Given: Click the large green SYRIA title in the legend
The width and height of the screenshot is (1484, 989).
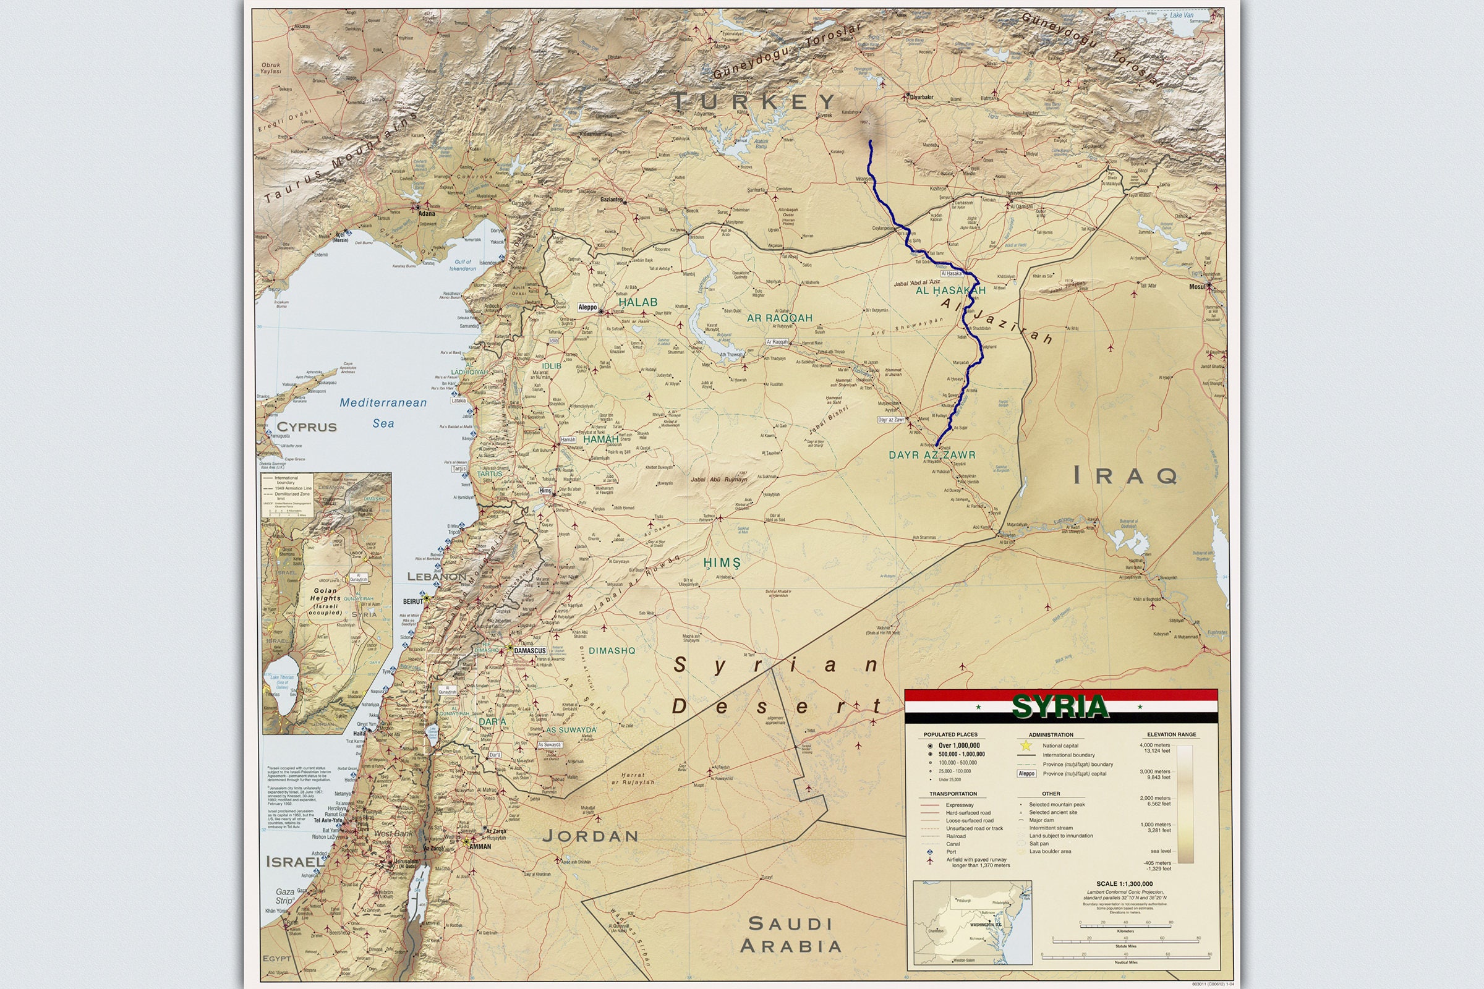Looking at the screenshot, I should point(1060,707).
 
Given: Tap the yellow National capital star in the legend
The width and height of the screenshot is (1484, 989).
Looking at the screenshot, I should point(1026,745).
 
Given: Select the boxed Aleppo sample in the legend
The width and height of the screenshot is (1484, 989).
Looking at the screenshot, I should point(1026,773).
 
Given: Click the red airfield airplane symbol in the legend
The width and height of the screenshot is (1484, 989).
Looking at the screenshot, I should point(929,861).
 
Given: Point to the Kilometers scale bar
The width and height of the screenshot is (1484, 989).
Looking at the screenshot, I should point(1125,925).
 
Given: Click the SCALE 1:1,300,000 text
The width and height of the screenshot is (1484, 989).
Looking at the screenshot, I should point(1124,884).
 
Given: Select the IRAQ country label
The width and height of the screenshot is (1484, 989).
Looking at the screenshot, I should point(1125,475).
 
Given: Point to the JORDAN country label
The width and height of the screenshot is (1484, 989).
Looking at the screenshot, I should point(591,836).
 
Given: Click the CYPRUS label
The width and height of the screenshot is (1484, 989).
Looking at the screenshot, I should point(307,427).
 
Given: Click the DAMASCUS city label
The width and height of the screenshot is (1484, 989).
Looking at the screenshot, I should point(530,650).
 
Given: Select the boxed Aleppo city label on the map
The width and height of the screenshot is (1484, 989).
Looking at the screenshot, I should point(587,307).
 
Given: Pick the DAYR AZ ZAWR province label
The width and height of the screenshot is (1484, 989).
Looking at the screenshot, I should point(932,455).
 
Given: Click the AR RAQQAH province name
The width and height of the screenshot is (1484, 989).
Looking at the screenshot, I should point(779,318).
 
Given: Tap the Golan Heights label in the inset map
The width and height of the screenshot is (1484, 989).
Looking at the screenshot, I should point(325,601).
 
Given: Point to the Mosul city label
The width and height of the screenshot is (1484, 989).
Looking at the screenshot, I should point(1197,286).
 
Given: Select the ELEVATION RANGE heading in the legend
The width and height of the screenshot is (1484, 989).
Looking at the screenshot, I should point(1171,734).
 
